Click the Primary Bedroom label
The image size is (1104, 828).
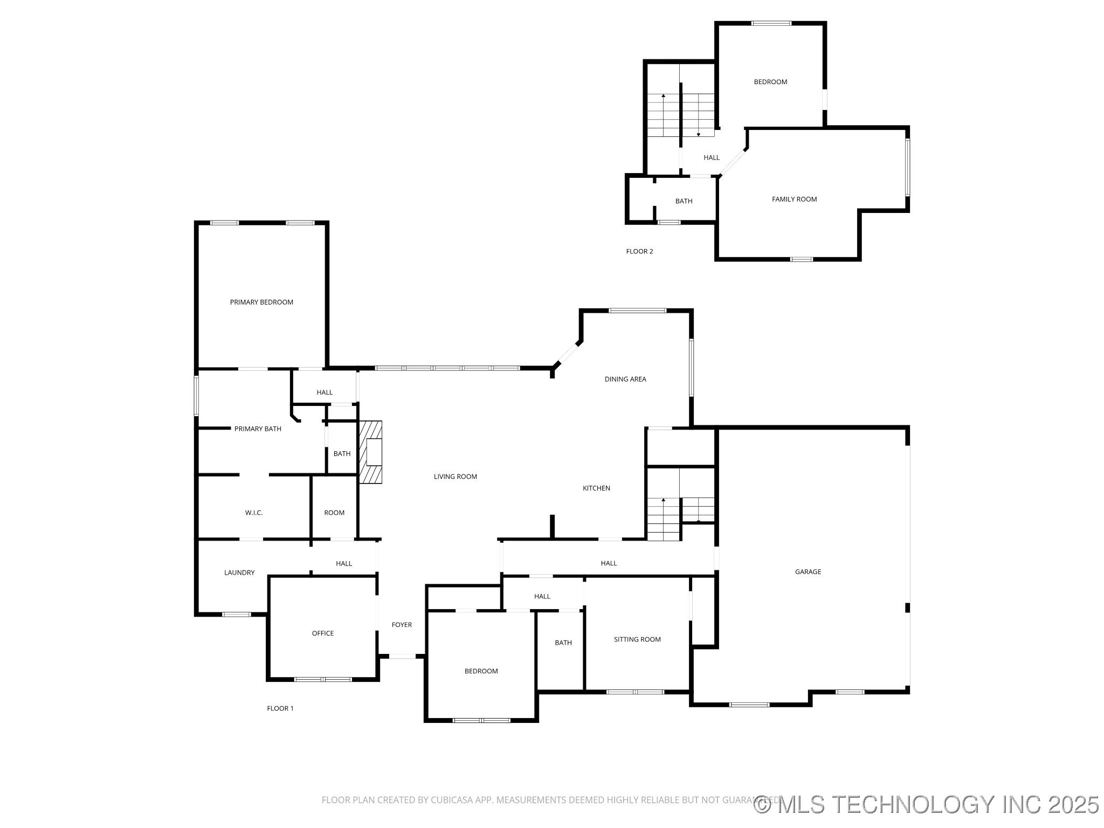click(261, 302)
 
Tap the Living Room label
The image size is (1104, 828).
click(456, 477)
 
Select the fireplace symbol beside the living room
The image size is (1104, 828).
click(371, 452)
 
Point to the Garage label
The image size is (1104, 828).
click(808, 572)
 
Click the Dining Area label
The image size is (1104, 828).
click(625, 379)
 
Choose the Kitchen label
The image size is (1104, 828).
click(596, 488)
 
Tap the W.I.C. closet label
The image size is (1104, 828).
click(254, 513)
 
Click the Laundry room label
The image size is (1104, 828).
click(239, 572)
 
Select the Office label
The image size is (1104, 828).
click(323, 633)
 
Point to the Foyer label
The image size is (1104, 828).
click(402, 625)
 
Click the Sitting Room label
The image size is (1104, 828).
click(637, 639)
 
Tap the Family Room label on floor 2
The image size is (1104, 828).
click(794, 199)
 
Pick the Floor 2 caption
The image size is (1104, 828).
click(639, 251)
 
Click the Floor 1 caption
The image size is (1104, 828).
click(280, 708)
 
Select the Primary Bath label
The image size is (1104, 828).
click(258, 429)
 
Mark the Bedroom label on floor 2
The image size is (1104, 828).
click(770, 82)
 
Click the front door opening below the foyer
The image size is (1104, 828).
click(402, 656)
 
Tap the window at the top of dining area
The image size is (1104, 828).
click(637, 310)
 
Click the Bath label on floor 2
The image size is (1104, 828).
click(684, 201)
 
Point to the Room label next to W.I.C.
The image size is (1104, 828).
click(334, 513)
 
